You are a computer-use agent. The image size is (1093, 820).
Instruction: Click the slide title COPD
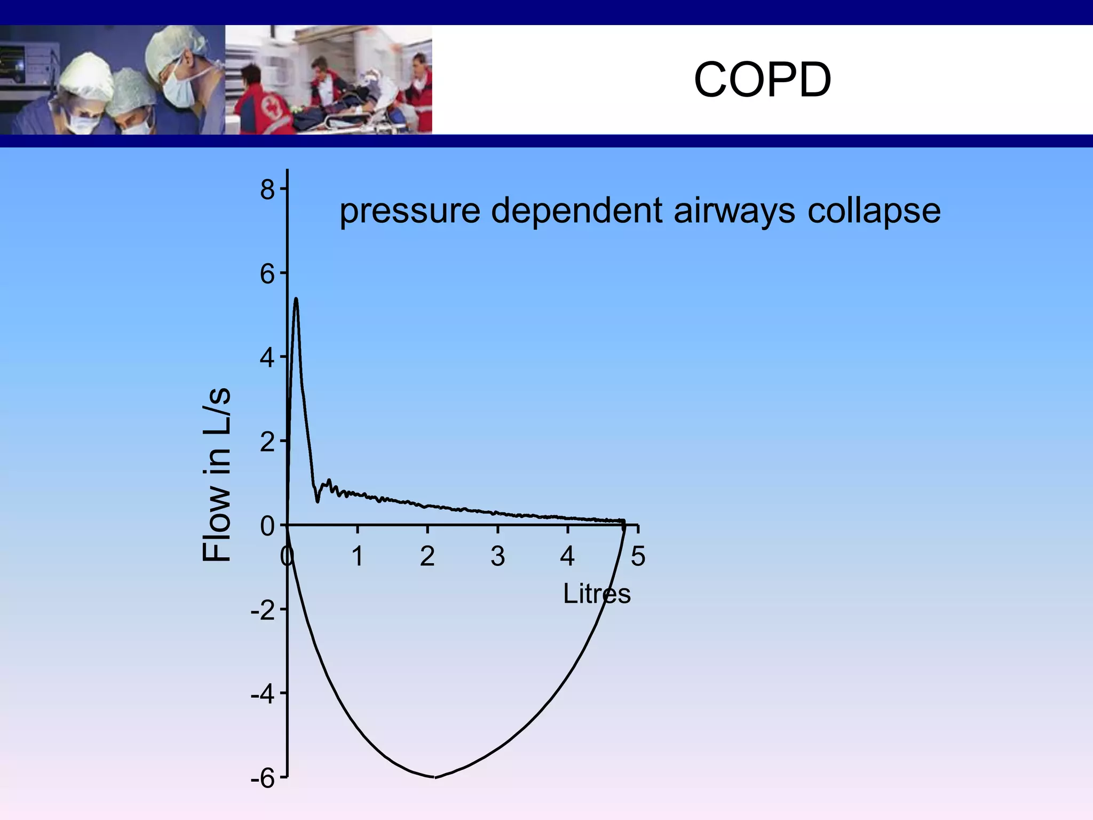point(762,80)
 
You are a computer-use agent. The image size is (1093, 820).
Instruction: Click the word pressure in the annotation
point(410,211)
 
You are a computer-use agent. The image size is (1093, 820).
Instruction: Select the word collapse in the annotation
point(874,211)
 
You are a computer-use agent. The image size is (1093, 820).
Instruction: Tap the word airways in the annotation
point(734,211)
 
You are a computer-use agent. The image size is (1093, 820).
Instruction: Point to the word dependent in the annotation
point(576,211)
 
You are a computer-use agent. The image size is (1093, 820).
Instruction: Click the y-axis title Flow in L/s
point(217,474)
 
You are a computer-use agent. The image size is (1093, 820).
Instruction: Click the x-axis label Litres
point(597,594)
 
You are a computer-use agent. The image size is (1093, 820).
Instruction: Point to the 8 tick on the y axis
point(267,190)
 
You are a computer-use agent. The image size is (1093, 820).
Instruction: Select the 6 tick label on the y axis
point(267,274)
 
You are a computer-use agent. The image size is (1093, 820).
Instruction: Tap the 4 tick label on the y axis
point(267,358)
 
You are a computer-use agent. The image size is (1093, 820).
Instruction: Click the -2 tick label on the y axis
point(263,610)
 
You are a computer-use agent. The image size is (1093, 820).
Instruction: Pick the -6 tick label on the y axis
point(263,779)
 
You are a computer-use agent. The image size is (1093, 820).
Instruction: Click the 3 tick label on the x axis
point(497,557)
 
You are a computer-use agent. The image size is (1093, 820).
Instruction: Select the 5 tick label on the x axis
point(638,557)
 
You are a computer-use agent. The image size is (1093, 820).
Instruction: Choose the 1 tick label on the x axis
point(357,557)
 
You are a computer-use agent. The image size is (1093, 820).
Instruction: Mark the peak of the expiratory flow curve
point(296,299)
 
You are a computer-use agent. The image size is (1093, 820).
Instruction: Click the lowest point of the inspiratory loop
point(433,777)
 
